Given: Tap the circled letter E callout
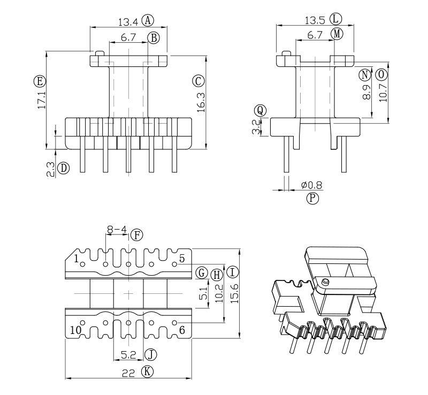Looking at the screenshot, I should click(x=39, y=81).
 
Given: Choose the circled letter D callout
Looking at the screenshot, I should click(x=64, y=168).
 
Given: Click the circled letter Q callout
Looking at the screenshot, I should click(x=260, y=110).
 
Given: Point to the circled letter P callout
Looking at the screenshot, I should click(x=312, y=199).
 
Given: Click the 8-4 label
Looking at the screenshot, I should click(x=117, y=231).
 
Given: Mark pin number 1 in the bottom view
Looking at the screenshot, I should click(x=77, y=259).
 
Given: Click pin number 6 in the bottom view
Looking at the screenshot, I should click(x=182, y=330).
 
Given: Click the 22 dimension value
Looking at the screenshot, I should click(x=128, y=373).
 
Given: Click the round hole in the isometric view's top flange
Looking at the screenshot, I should click(x=324, y=282).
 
